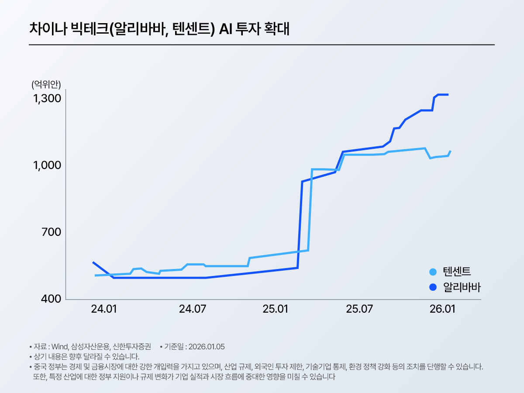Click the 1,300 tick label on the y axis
(x=47, y=99)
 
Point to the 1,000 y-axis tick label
(x=47, y=166)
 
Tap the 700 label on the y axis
(x=51, y=233)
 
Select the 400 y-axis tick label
(x=51, y=300)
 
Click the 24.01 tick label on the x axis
(x=104, y=310)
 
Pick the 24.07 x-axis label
(x=193, y=310)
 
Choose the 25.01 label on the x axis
(x=276, y=310)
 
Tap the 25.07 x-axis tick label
(x=359, y=310)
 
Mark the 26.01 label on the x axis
(x=442, y=310)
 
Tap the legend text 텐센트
(x=457, y=272)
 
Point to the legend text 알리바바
(x=462, y=287)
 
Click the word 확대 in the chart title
(x=277, y=29)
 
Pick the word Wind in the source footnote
(x=60, y=347)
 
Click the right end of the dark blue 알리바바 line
(x=448, y=94)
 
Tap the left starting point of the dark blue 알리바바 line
(x=93, y=262)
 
